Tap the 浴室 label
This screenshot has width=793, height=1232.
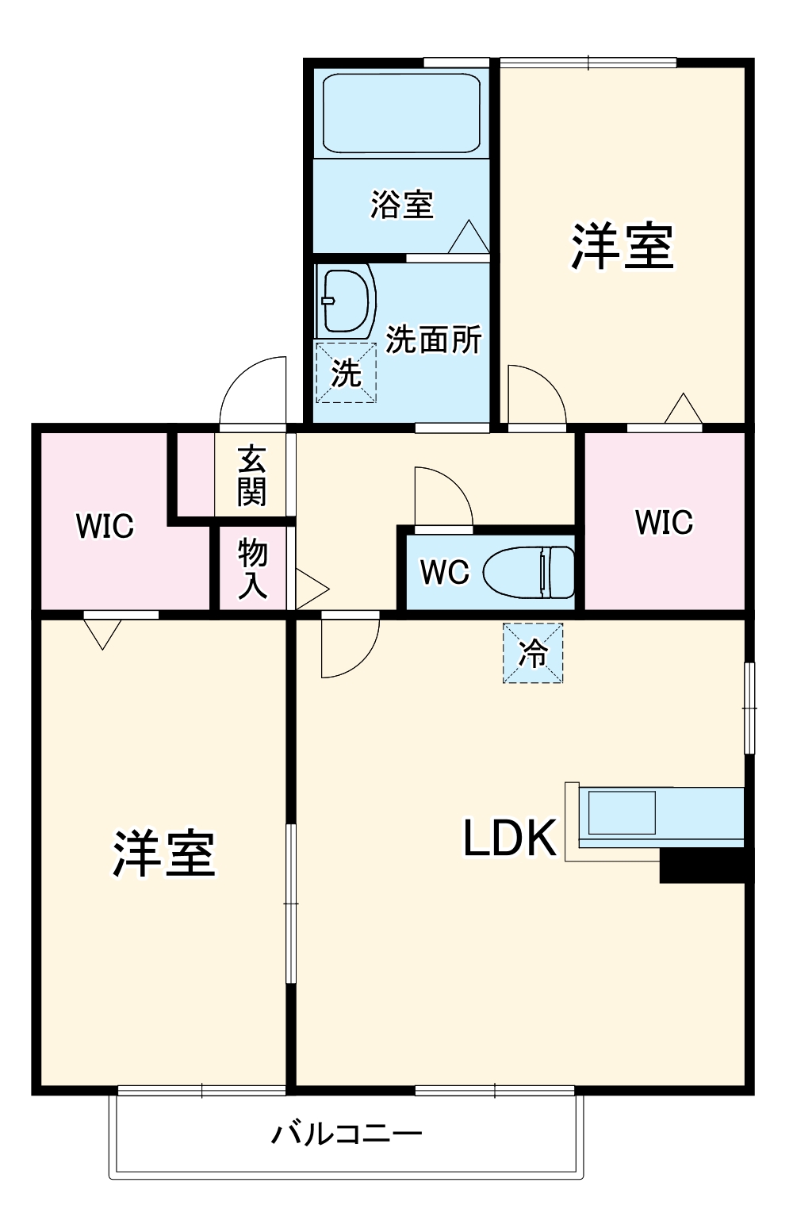point(402,205)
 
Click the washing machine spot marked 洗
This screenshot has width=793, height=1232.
point(346,372)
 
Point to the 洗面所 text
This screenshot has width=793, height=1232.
point(433,340)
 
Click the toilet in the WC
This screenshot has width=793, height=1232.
point(528,572)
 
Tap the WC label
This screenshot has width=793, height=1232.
point(445,573)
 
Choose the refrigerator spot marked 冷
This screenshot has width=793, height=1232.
point(533,653)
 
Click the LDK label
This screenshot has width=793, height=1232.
point(510,838)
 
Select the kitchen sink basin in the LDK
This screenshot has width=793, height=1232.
point(622,813)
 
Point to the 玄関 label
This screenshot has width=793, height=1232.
point(252,475)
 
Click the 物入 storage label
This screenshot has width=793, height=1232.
point(252,569)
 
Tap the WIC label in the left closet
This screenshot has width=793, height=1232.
point(105,526)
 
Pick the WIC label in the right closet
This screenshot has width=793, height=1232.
point(665,522)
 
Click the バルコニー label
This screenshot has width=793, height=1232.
point(347,1133)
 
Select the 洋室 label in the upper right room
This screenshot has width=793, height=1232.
point(623,247)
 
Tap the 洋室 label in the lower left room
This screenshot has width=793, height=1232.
point(164,854)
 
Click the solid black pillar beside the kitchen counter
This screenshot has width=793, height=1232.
point(703,865)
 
